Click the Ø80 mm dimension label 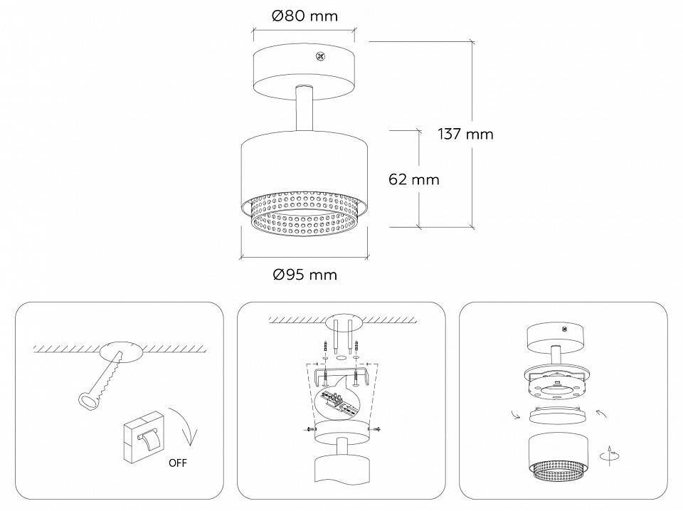(305, 16)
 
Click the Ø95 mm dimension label (305, 274)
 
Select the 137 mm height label (465, 134)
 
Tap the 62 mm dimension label (414, 179)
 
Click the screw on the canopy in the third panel (564, 330)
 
